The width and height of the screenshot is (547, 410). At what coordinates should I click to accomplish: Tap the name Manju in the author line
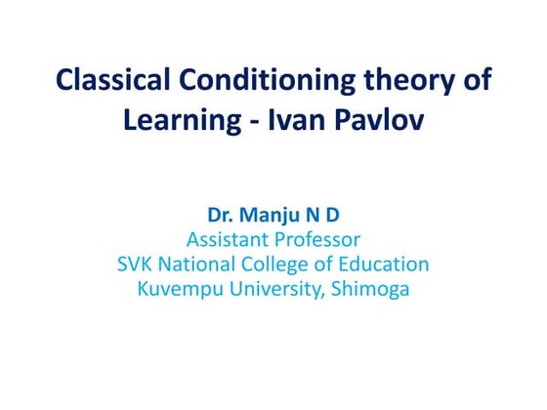pos(268,214)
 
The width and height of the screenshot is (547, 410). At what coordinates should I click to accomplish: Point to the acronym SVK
pos(137,264)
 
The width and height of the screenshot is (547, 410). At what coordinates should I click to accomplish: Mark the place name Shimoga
pos(371,289)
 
